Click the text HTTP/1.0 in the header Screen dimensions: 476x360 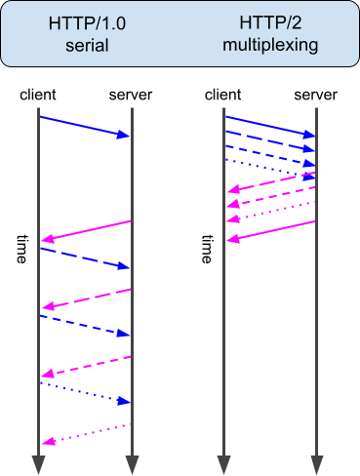pyautogui.click(x=86, y=23)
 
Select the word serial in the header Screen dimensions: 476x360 pyautogui.click(x=86, y=45)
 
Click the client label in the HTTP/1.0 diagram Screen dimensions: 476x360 pyautogui.click(x=37, y=95)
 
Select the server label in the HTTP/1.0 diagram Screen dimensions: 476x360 pyautogui.click(x=131, y=95)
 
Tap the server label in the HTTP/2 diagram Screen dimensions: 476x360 pyautogui.click(x=316, y=95)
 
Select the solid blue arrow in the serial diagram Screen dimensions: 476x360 pyautogui.click(x=84, y=126)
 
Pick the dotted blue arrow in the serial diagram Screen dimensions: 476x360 pyautogui.click(x=84, y=392)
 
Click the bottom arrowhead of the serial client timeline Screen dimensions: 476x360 pyautogui.click(x=38, y=463)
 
